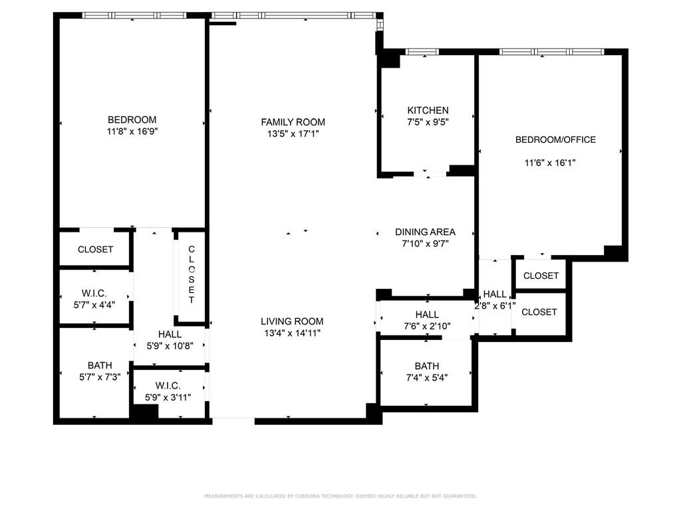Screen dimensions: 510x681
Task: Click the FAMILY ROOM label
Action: coord(293,122)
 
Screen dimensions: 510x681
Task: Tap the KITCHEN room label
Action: coord(428,110)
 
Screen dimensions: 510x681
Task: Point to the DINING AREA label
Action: coord(425,232)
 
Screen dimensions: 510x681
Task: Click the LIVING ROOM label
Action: coord(292,321)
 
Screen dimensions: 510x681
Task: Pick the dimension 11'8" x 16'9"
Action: coord(132,131)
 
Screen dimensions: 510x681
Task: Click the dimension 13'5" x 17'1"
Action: coord(293,134)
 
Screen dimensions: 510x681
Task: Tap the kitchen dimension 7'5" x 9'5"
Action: coord(428,122)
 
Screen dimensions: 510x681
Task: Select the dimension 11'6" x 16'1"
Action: coord(549,162)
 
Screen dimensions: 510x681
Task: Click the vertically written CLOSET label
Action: coord(192,274)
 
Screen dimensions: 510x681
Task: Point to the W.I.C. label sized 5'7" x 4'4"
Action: coord(94,293)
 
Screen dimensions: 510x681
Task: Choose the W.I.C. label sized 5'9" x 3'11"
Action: coord(168,386)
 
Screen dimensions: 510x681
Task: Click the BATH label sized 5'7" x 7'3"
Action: coord(100,365)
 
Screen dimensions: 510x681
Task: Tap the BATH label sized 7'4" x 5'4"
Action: coord(426,366)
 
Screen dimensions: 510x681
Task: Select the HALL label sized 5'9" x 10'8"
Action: coord(170,334)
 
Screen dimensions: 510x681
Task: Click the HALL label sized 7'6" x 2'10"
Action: coord(426,314)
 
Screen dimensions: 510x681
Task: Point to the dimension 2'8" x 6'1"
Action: coord(495,306)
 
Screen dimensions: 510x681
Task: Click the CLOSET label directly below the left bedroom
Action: coord(95,250)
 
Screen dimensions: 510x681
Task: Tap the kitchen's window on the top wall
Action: coord(422,52)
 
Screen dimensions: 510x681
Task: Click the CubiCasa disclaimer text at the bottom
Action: coord(340,496)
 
